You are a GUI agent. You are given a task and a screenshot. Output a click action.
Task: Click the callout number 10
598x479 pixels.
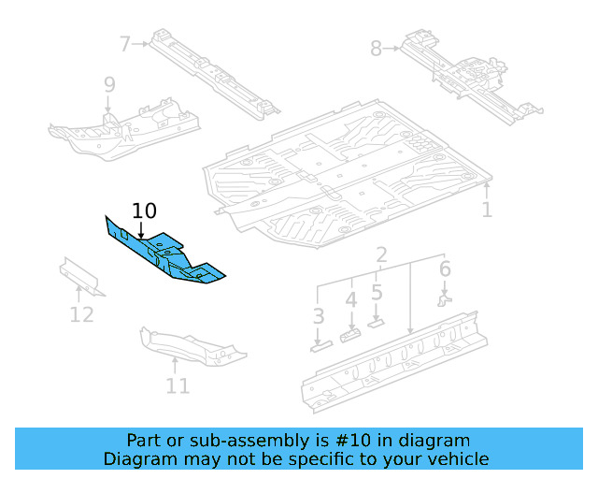click(145, 210)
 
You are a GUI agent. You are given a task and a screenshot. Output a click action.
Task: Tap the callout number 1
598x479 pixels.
click(487, 210)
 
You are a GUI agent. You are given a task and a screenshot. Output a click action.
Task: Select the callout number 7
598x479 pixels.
click(125, 42)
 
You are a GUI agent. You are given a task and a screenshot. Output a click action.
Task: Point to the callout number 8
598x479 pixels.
click(377, 48)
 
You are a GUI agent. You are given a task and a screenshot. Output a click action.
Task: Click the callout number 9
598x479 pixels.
click(109, 85)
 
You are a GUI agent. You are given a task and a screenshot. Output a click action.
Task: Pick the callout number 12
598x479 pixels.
click(82, 313)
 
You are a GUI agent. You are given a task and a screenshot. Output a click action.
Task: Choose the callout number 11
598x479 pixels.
click(178, 385)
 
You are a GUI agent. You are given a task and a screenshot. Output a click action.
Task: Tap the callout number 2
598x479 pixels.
click(381, 256)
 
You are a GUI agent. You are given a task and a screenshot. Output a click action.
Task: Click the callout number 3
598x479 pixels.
click(319, 316)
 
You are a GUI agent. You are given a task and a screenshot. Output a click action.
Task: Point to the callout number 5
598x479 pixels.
click(377, 292)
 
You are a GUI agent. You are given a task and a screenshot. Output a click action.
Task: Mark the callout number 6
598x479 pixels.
click(445, 269)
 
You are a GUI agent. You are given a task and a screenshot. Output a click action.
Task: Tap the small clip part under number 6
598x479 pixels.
click(445, 299)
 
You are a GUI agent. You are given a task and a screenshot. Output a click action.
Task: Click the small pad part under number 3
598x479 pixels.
click(320, 344)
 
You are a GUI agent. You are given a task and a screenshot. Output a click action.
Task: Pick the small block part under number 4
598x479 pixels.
click(351, 334)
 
